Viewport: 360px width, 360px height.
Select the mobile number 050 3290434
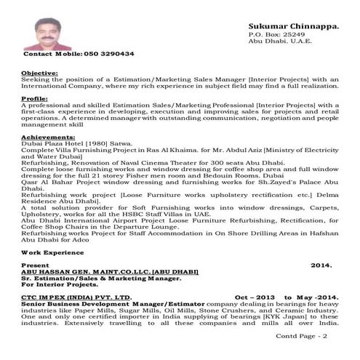pyautogui.click(x=109, y=55)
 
